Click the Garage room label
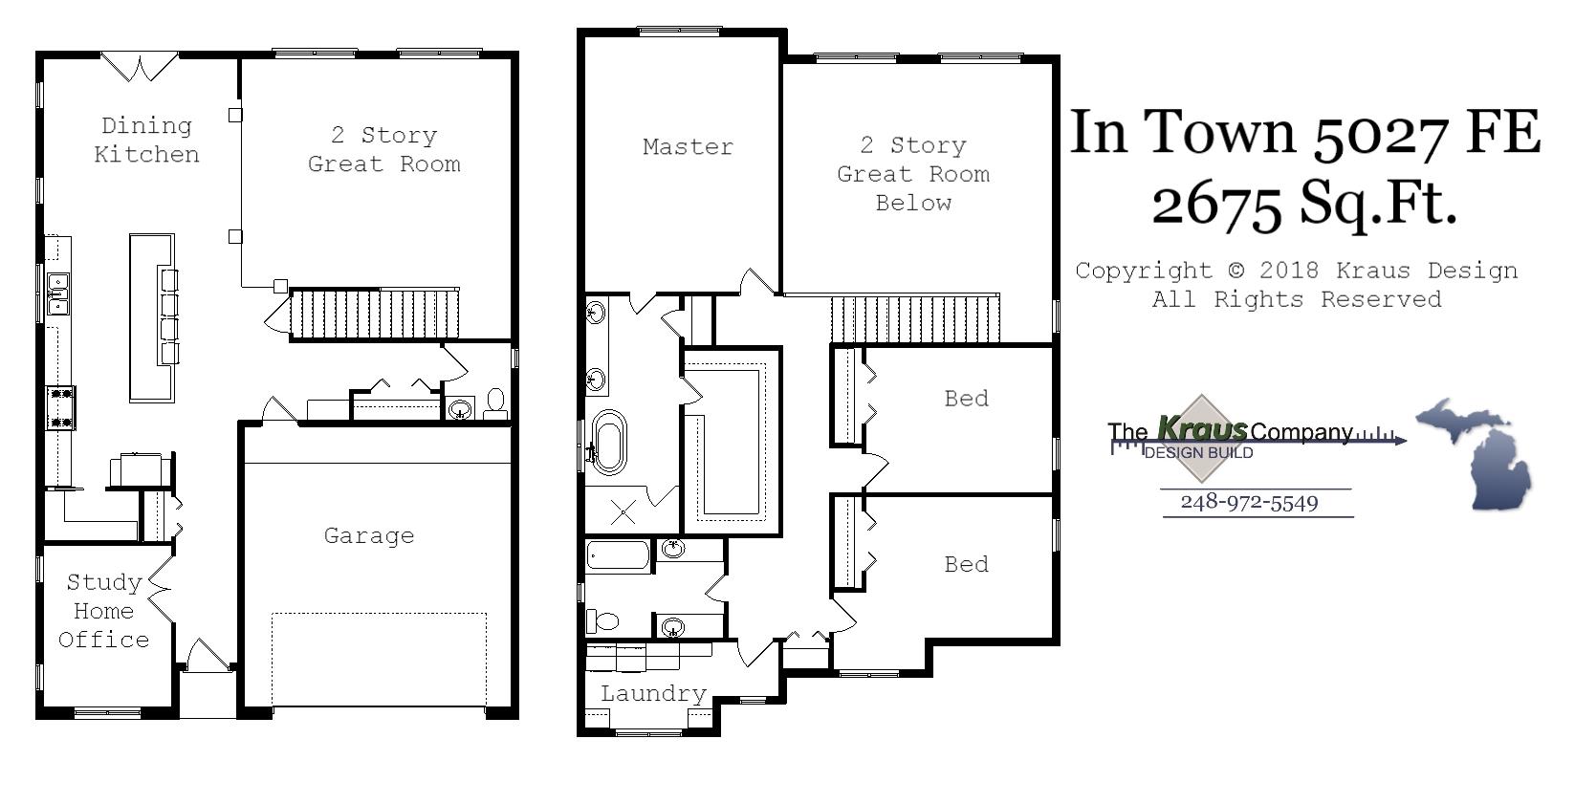coord(369,536)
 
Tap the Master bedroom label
coord(688,147)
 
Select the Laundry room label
coord(653,694)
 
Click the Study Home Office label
coord(103,611)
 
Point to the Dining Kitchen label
coord(146,141)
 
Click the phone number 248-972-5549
coord(1249,503)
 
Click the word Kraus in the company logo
coord(1201,429)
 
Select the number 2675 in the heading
coord(1216,206)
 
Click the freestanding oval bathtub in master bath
coord(609,442)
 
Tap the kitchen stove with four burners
coord(60,408)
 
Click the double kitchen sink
coord(58,293)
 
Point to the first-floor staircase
coord(374,314)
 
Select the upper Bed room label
coord(966,399)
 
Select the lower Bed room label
coord(966,565)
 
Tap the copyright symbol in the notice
coord(1236,272)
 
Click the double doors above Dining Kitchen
coord(140,67)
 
